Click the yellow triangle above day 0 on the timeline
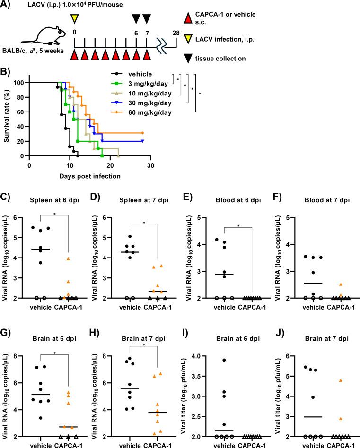[74, 18]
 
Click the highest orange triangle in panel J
[327, 380]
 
